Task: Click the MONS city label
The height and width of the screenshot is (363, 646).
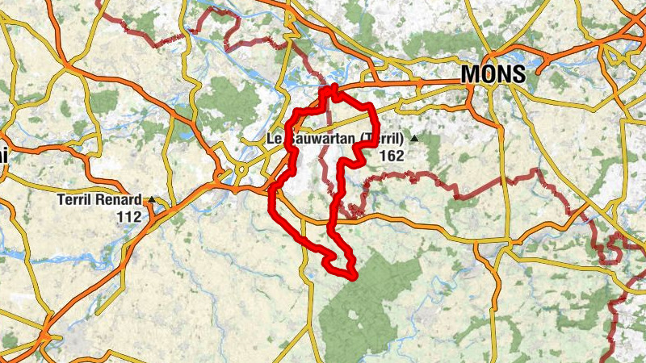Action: click(493, 74)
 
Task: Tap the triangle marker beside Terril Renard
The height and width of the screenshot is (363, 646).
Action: click(152, 199)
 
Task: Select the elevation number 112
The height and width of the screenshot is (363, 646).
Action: click(128, 216)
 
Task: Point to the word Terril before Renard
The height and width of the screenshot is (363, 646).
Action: click(76, 199)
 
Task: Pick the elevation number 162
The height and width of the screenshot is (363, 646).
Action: click(390, 156)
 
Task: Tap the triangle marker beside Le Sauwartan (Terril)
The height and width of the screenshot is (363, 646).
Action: click(414, 139)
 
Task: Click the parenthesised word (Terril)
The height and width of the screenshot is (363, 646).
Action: click(382, 139)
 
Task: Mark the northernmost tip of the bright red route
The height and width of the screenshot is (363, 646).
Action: click(333, 84)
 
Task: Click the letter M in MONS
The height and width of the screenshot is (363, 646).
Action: click(471, 74)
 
